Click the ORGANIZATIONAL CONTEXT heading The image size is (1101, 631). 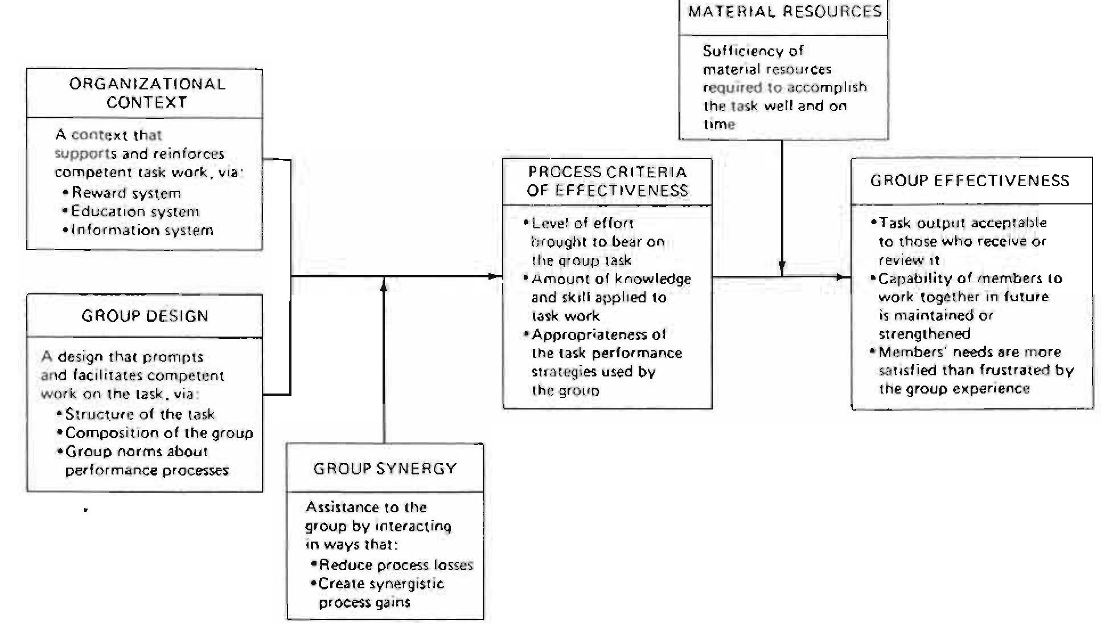(147, 93)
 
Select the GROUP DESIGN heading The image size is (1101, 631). (145, 316)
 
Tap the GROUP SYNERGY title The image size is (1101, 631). (385, 469)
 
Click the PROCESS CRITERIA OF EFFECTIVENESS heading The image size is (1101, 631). (607, 181)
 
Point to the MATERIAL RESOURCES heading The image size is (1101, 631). (784, 12)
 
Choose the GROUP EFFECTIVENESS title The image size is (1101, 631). (969, 181)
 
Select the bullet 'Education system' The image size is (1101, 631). (135, 211)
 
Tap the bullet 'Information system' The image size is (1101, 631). (142, 230)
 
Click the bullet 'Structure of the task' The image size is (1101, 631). (139, 414)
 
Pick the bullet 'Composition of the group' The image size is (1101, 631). (159, 433)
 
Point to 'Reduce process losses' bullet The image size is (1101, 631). (396, 565)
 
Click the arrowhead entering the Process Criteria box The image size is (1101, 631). (495, 277)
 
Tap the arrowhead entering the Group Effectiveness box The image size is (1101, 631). (843, 277)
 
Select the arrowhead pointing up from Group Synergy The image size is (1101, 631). (384, 285)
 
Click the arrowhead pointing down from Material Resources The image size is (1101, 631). (782, 267)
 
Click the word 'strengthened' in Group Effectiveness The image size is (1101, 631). (924, 334)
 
